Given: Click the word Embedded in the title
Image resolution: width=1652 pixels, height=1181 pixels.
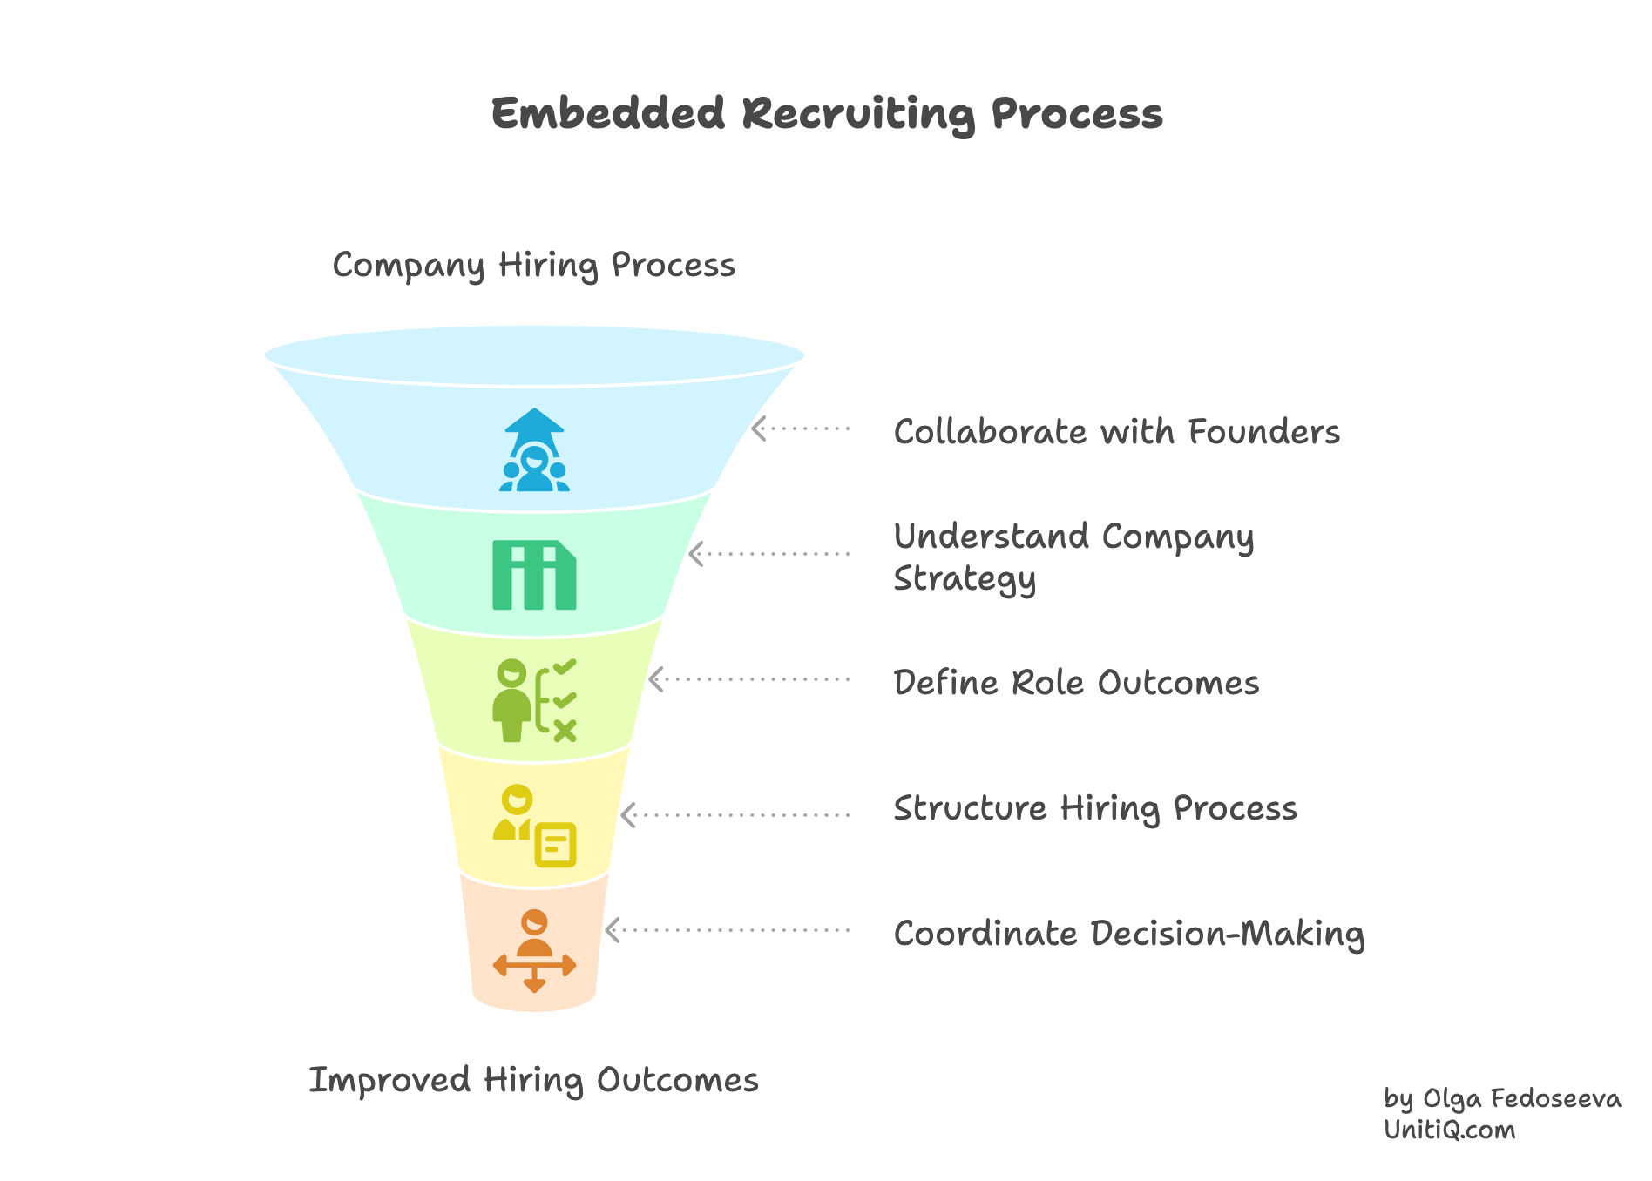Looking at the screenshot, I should pyautogui.click(x=607, y=114).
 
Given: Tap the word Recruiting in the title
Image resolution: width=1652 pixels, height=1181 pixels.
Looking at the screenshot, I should pyautogui.click(x=857, y=114).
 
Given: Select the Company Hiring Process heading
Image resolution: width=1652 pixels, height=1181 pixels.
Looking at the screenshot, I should pyautogui.click(x=533, y=265).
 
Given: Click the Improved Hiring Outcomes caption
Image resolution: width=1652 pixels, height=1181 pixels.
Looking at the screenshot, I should pyautogui.click(x=533, y=1080).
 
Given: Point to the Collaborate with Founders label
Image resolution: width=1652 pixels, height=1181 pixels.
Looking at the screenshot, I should pyautogui.click(x=1116, y=432).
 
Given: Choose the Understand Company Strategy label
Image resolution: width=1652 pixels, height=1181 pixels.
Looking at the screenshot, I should pyautogui.click(x=1073, y=557).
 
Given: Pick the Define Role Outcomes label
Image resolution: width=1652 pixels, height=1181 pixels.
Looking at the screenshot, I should pyautogui.click(x=1076, y=683).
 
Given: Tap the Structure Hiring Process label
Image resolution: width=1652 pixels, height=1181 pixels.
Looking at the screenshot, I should pyautogui.click(x=1095, y=808).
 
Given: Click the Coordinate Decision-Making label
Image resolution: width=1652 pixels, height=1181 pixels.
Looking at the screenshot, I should pyautogui.click(x=1128, y=934).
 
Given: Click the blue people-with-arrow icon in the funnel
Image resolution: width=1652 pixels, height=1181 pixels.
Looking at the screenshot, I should pyautogui.click(x=534, y=450).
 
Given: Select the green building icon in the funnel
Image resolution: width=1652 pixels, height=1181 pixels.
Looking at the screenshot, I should pyautogui.click(x=534, y=575).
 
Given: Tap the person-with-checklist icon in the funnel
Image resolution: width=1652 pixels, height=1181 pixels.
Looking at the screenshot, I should pyautogui.click(x=534, y=700).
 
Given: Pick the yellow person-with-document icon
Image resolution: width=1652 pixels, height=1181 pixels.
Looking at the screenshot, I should pyautogui.click(x=534, y=826).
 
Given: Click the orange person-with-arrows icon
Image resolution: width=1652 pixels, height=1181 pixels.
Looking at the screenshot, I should pyautogui.click(x=534, y=951).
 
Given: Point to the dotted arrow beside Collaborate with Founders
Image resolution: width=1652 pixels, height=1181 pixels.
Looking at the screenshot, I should pyautogui.click(x=800, y=429).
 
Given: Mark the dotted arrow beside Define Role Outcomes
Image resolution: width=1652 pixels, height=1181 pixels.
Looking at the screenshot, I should pyautogui.click(x=749, y=679).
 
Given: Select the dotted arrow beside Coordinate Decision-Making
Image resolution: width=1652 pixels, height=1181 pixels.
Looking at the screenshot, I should pyautogui.click(x=728, y=930).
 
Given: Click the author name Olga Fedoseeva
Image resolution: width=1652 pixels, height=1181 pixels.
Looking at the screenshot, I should pyautogui.click(x=1521, y=1099).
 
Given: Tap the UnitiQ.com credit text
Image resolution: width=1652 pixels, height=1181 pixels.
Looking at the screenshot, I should pyautogui.click(x=1450, y=1130).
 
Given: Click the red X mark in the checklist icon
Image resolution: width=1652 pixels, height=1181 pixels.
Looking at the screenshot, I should pyautogui.click(x=565, y=731).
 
